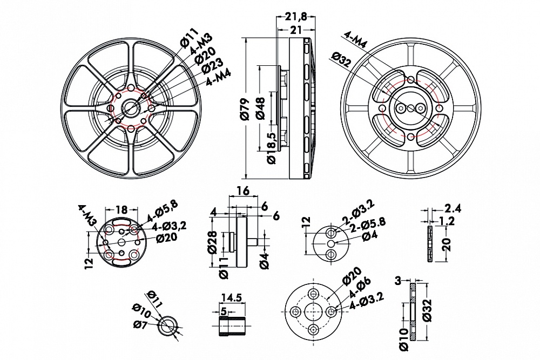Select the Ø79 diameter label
(x=244, y=108)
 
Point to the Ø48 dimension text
(x=259, y=108)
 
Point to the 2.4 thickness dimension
(x=452, y=208)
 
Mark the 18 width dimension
(x=122, y=209)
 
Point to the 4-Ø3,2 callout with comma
(x=168, y=226)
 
